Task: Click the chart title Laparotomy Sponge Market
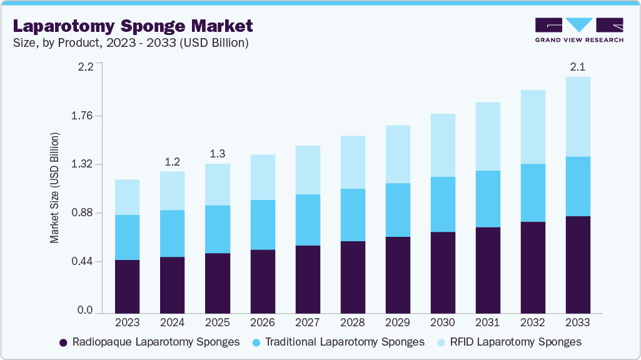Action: click(133, 26)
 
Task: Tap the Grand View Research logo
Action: click(579, 30)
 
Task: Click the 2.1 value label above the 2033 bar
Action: click(578, 66)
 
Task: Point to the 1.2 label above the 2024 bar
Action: click(173, 161)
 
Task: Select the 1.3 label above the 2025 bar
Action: click(218, 154)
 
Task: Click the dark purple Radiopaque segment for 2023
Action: click(128, 286)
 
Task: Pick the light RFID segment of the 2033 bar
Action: click(578, 117)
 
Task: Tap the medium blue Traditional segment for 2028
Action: click(353, 215)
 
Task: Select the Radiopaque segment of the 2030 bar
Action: click(443, 272)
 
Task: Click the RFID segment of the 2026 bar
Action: click(263, 177)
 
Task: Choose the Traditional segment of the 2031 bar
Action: click(488, 199)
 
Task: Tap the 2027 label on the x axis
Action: click(308, 323)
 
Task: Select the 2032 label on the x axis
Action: click(533, 323)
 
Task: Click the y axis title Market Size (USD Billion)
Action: click(54, 188)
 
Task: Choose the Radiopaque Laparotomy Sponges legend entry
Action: click(149, 342)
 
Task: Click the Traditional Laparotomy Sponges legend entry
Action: click(338, 342)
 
